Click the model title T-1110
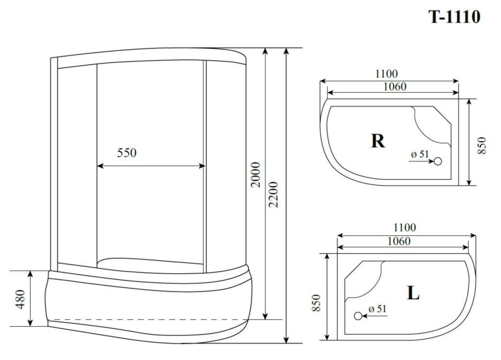click(454, 17)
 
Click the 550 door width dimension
click(126, 153)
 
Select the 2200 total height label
click(273, 194)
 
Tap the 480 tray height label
click(20, 299)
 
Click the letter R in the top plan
click(378, 141)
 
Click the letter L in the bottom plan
click(413, 292)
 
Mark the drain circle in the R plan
click(438, 161)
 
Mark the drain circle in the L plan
click(358, 316)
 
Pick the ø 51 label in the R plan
click(420, 154)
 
